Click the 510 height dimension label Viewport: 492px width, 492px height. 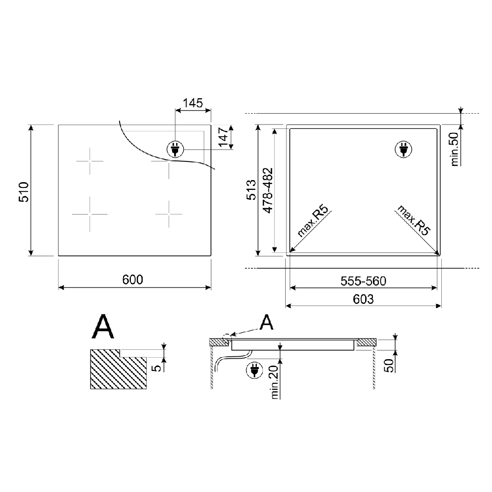coord(24,192)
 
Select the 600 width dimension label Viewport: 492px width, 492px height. coord(133,279)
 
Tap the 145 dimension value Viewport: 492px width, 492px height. coord(193,103)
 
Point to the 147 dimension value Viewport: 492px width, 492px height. coord(223,137)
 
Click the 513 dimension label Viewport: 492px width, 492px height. coord(251,190)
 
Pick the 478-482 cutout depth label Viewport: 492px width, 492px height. coord(268,191)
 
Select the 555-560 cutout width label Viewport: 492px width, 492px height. coord(364,281)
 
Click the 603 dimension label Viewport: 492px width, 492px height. coord(364,299)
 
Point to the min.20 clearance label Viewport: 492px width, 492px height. coord(275,382)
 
